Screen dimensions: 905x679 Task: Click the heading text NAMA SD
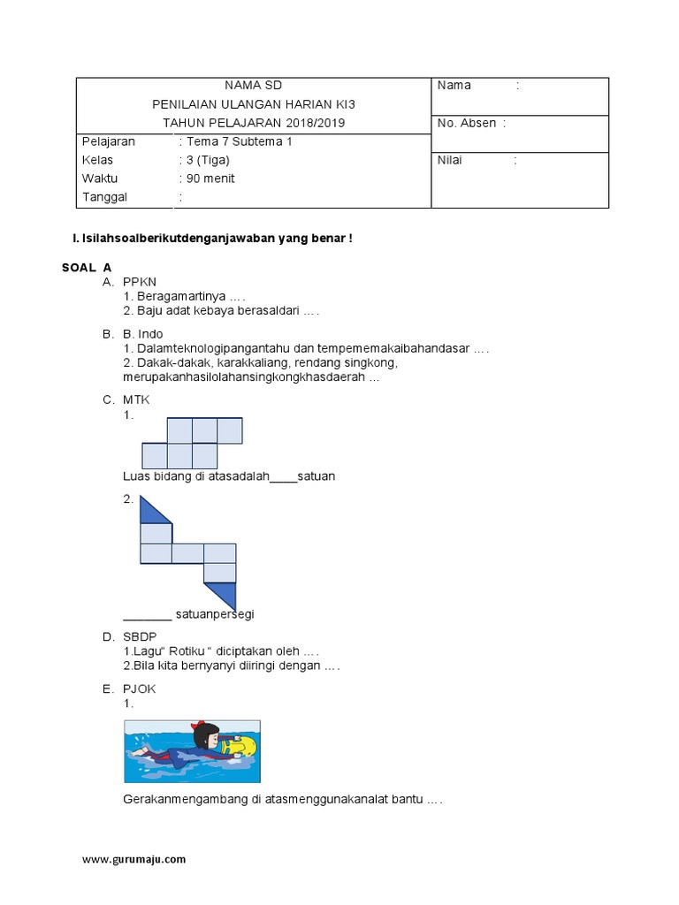(254, 86)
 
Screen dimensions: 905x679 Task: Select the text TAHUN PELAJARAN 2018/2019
(254, 123)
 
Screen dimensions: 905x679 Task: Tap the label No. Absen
(466, 123)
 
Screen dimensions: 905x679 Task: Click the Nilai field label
(450, 161)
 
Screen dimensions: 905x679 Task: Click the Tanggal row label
(104, 197)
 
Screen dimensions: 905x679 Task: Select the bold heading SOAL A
(87, 266)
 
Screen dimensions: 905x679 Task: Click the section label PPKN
(140, 281)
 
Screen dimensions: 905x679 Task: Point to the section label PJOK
(140, 688)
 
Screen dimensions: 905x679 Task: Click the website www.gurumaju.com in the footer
(134, 859)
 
